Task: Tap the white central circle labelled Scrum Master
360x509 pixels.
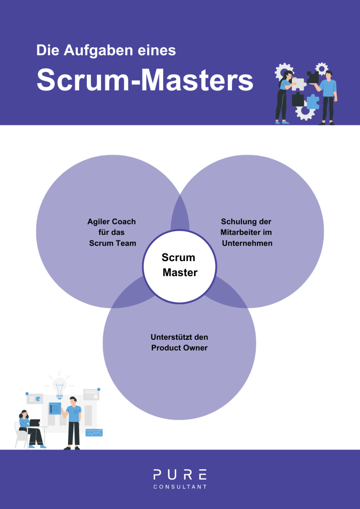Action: tap(179, 266)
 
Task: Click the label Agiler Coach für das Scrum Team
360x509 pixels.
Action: tap(112, 232)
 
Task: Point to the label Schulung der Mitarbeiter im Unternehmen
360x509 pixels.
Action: tap(247, 232)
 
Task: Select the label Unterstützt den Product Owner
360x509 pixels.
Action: tap(179, 343)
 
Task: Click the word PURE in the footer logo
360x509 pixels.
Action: tap(180, 475)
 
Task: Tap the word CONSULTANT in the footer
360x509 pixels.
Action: tap(180, 487)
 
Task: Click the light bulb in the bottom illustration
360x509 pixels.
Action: tap(60, 386)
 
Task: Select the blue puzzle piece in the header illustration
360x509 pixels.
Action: tap(312, 101)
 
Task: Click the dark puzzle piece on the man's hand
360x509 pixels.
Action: tap(313, 77)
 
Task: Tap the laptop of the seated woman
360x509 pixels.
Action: tap(35, 423)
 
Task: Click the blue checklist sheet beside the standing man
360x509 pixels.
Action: tap(55, 408)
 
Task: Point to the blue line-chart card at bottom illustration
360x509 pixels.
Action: tap(94, 433)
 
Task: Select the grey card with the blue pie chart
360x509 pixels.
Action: tap(35, 399)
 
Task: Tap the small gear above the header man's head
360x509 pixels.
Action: tap(322, 68)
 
